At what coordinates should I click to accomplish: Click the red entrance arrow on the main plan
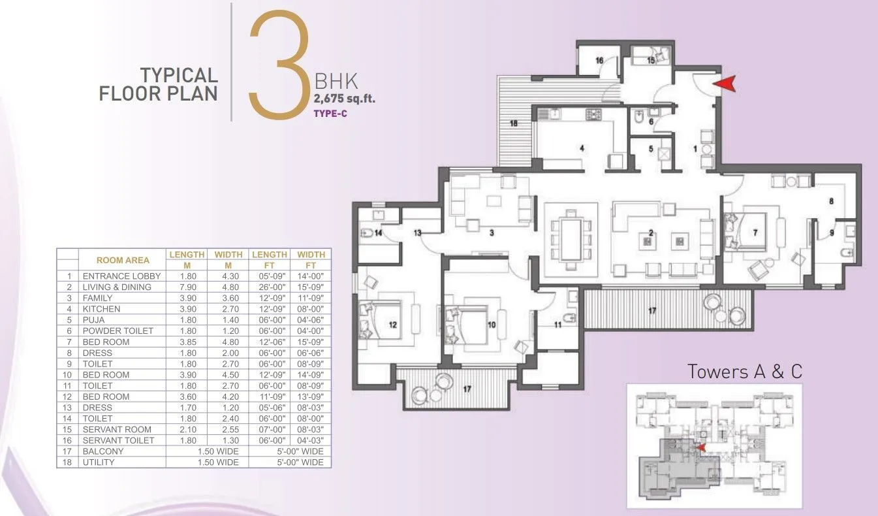click(725, 84)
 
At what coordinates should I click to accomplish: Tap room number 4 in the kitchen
click(582, 148)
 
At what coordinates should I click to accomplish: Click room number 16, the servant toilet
click(599, 60)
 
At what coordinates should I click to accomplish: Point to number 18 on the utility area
click(513, 123)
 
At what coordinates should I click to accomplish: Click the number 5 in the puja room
click(651, 148)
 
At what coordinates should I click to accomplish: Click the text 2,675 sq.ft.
click(345, 99)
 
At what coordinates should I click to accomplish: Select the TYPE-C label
click(329, 112)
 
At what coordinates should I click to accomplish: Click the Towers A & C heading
click(744, 372)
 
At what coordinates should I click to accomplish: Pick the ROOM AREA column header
click(123, 259)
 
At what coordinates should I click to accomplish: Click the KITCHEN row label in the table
click(101, 309)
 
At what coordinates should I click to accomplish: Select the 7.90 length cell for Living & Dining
click(186, 287)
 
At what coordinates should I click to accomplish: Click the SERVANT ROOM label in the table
click(117, 429)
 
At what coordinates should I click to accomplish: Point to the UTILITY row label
click(99, 462)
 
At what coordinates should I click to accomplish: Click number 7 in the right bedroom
click(755, 233)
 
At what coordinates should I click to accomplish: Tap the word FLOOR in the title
click(127, 93)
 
